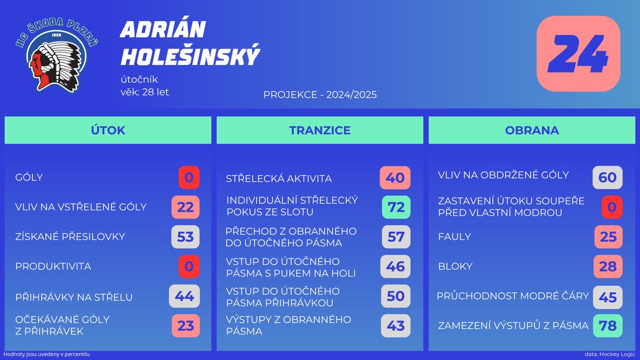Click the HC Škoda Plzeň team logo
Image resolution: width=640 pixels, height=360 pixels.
click(57, 55)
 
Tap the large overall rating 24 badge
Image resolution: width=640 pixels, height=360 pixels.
click(578, 54)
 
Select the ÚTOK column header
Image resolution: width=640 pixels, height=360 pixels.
click(108, 130)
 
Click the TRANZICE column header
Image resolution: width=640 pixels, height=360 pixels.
click(320, 130)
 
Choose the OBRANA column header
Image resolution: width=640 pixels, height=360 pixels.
click(532, 130)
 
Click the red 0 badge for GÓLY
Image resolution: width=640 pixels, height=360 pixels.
click(189, 178)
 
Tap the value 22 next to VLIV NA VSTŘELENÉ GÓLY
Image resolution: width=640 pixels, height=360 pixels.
click(186, 207)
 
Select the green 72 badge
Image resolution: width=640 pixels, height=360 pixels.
click(396, 207)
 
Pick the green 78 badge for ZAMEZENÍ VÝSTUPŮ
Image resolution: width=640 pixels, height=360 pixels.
click(607, 326)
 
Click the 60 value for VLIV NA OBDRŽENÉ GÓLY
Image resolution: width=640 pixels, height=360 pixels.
click(607, 178)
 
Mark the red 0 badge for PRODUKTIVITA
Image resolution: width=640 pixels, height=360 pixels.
click(189, 267)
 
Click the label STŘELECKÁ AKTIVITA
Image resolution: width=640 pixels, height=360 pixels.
click(279, 179)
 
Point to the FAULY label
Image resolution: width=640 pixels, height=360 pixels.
click(454, 237)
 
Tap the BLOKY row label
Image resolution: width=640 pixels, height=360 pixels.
click(455, 266)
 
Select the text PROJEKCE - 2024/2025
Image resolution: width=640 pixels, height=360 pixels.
click(320, 94)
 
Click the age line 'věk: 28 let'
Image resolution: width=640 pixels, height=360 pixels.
click(145, 92)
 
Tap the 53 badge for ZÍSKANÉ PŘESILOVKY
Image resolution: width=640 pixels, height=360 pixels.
click(186, 237)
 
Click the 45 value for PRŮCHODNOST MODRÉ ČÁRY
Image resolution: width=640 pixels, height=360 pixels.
click(607, 298)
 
